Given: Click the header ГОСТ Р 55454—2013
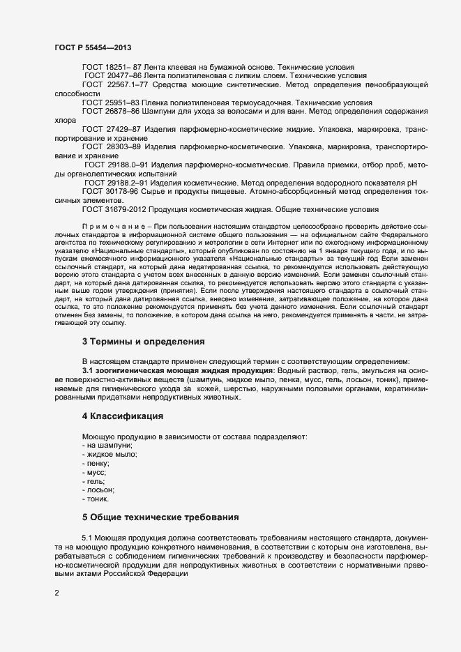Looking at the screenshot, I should (93, 47).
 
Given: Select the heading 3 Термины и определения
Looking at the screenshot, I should (143, 342).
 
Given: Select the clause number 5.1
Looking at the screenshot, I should (87, 539).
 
